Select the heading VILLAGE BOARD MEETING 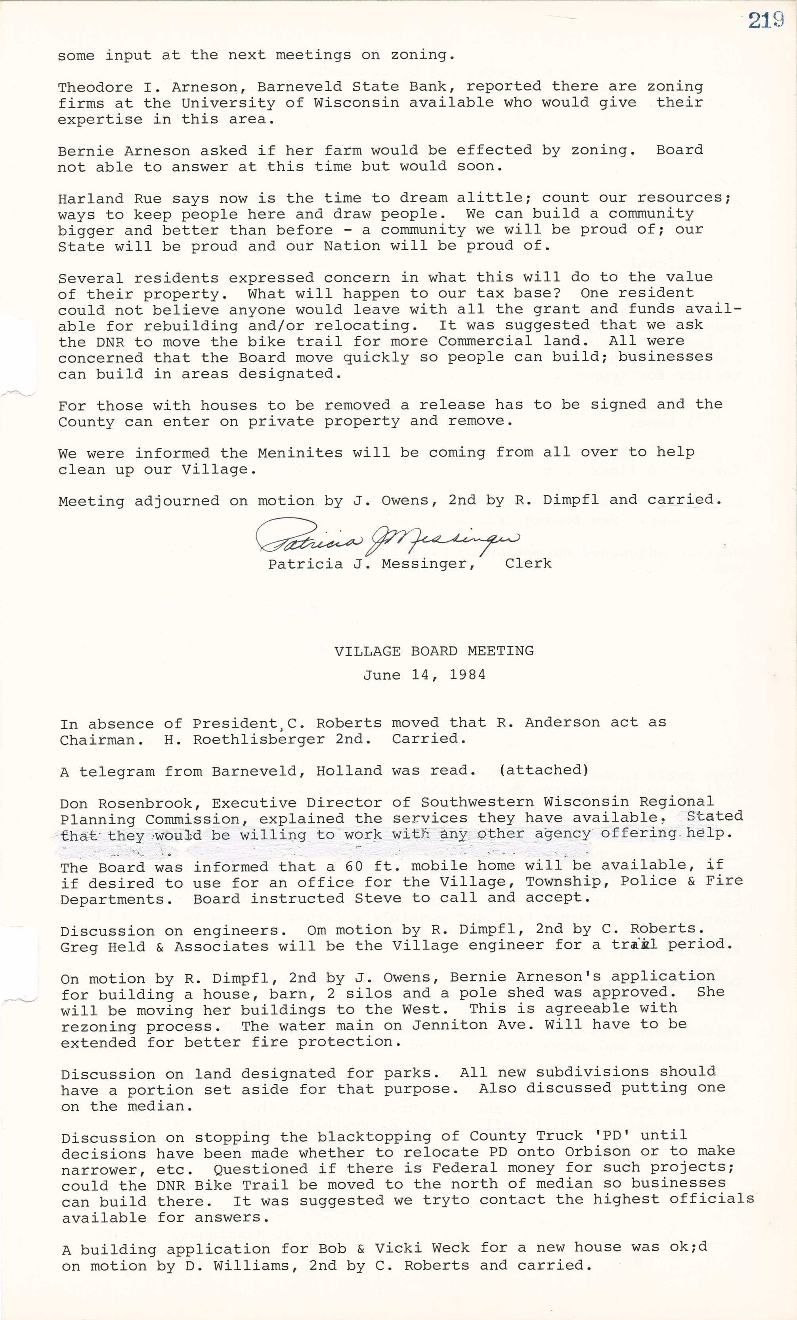click(434, 651)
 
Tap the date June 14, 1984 click(424, 674)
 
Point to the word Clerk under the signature click(528, 563)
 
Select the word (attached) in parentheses click(544, 770)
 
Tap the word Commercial click(485, 341)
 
